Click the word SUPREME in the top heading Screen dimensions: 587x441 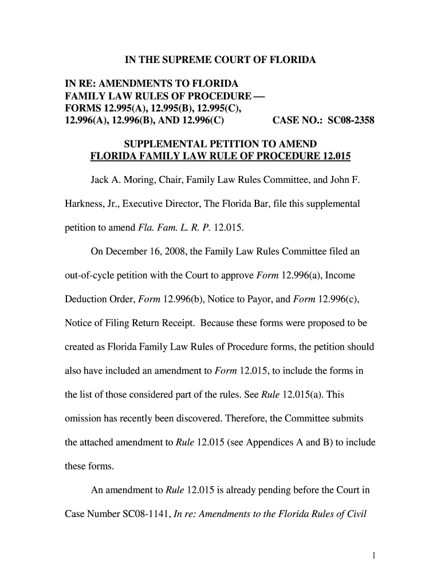click(x=188, y=60)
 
